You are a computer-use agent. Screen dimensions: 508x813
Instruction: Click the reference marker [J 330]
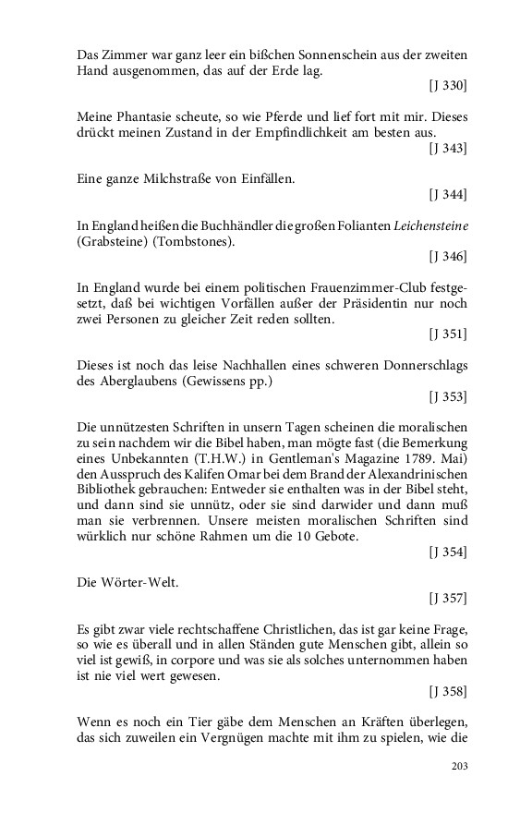448,86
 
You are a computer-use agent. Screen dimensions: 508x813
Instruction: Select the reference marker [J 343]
448,148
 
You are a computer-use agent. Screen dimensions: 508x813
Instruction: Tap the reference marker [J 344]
448,194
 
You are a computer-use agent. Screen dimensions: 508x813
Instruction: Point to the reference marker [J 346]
448,256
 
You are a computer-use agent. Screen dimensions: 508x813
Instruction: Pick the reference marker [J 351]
448,334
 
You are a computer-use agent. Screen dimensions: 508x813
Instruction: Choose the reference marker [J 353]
448,396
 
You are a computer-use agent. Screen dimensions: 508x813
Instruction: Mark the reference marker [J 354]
448,552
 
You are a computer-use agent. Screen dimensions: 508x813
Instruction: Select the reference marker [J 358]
448,691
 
